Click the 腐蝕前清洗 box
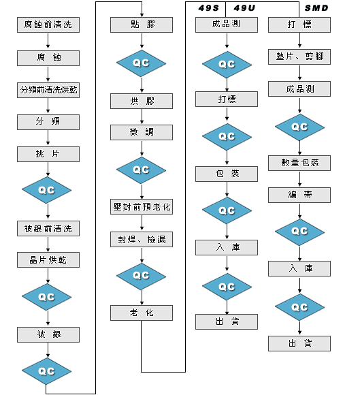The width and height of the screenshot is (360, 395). (x=48, y=25)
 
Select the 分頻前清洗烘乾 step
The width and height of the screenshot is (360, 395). (x=48, y=90)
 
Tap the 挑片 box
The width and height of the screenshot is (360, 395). (x=48, y=154)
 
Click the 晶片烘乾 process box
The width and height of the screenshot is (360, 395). (x=48, y=259)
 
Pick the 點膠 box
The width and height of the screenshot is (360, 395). (x=142, y=25)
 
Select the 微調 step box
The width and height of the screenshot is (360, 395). (x=142, y=132)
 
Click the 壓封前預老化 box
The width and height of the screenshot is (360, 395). (x=142, y=206)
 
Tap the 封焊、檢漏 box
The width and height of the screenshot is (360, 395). (x=142, y=239)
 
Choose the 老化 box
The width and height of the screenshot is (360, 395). (x=142, y=313)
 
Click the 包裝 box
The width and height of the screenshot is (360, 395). (x=227, y=174)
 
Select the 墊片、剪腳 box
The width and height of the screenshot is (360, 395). (x=299, y=57)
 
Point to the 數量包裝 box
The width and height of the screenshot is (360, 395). (x=299, y=163)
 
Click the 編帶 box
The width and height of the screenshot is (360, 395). (x=299, y=195)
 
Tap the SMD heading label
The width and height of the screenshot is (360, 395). (x=316, y=8)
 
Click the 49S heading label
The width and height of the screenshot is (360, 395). (x=208, y=8)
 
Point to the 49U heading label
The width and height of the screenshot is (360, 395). (x=244, y=8)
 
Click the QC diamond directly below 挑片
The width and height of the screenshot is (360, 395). (x=46, y=190)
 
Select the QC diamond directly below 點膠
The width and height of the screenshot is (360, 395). (x=142, y=63)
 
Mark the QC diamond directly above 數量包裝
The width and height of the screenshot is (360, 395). (x=299, y=127)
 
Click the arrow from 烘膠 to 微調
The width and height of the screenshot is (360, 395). (x=142, y=116)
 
